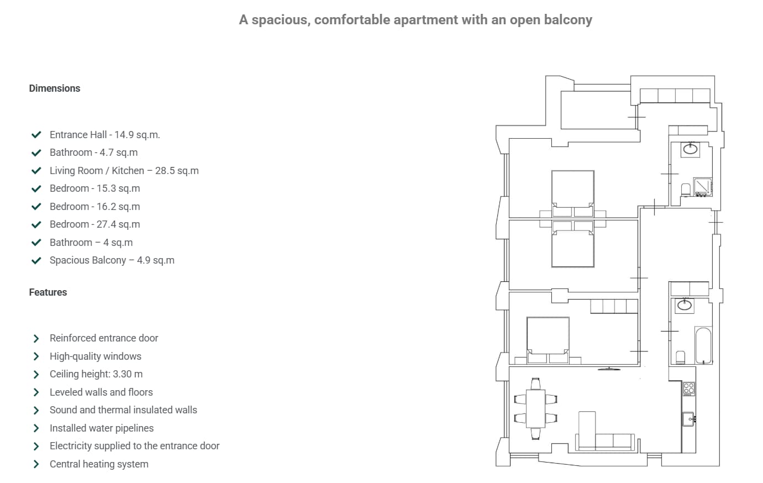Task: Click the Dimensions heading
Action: (54, 88)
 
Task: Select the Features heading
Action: (48, 292)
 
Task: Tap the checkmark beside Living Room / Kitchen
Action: (36, 171)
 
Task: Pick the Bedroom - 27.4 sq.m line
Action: (94, 224)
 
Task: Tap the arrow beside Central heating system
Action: (36, 464)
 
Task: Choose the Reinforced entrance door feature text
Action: (104, 338)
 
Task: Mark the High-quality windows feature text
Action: (96, 356)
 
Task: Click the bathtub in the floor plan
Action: (703, 345)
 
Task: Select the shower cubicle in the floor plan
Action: (703, 187)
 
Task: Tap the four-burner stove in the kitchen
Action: (689, 389)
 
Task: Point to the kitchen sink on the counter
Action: (688, 419)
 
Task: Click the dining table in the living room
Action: (535, 408)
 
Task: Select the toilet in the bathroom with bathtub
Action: (681, 356)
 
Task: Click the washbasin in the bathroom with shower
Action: (690, 149)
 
